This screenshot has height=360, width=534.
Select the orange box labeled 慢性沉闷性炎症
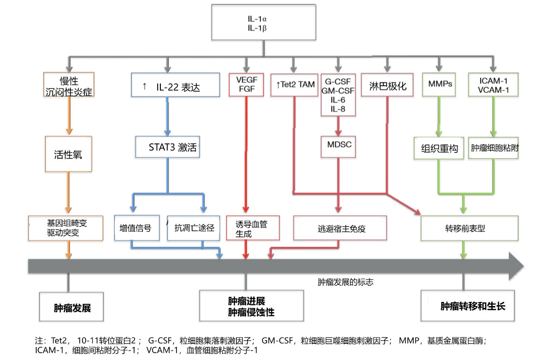[x=69, y=84]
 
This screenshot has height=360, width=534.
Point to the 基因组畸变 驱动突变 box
[x=65, y=228]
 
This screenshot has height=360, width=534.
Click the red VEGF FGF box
[x=246, y=84]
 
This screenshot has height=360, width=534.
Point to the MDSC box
[x=338, y=145]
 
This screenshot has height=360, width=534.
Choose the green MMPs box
[x=440, y=84]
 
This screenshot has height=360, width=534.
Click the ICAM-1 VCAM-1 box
[x=493, y=84]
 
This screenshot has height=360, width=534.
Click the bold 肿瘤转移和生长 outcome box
[x=473, y=306]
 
